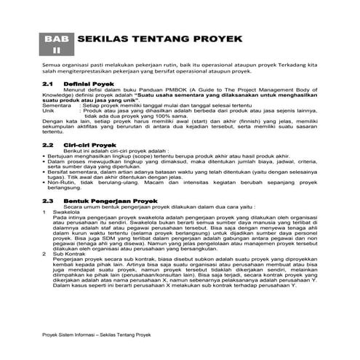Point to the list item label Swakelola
66,212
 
